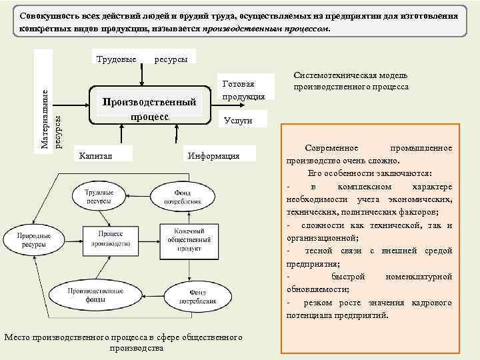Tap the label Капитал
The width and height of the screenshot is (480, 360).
(95, 155)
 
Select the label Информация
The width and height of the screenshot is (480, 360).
(213, 155)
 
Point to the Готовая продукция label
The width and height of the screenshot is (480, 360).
(243, 90)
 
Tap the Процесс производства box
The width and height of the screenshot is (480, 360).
(111, 239)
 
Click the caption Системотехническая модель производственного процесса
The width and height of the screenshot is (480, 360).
(351, 81)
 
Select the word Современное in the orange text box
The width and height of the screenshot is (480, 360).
(331, 147)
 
